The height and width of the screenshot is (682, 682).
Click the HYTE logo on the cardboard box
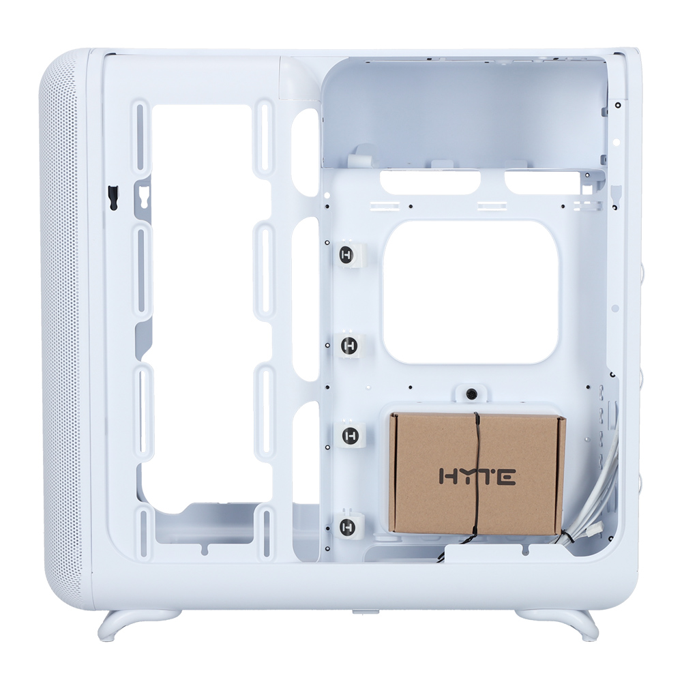[x=477, y=477]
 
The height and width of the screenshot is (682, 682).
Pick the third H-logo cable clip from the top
[x=350, y=435]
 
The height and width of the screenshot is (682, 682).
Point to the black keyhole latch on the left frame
[x=113, y=198]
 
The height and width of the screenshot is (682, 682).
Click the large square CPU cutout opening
[x=471, y=292]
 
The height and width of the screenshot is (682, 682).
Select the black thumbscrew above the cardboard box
[x=471, y=394]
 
